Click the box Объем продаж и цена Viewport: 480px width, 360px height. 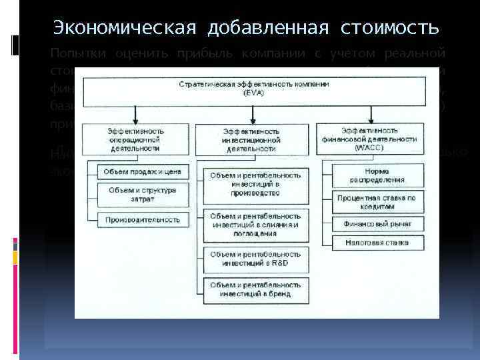point(143,172)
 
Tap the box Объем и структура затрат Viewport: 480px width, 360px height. point(143,194)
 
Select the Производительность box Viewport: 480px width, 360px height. point(141,219)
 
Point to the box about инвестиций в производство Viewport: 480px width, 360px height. point(255,184)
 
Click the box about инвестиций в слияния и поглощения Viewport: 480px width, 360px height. point(255,225)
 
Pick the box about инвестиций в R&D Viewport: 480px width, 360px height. point(255,259)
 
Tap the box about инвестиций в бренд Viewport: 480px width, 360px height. point(255,288)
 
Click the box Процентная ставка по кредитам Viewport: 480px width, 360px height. point(377,202)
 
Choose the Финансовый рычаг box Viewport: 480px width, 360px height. point(377,225)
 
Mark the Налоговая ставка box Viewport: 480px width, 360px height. point(377,243)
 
